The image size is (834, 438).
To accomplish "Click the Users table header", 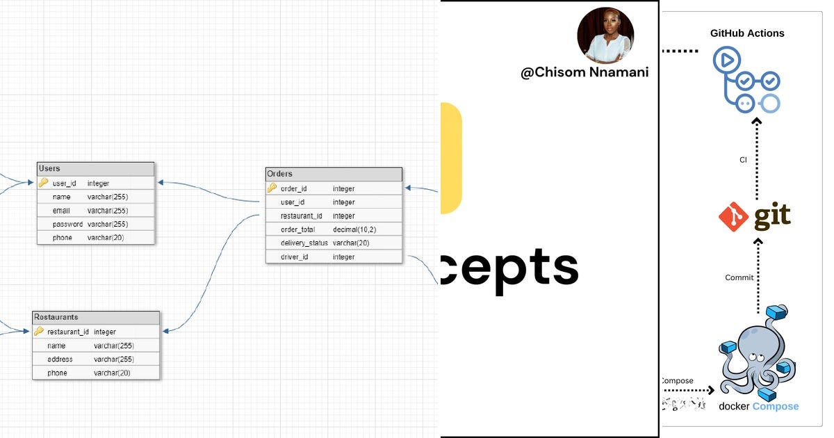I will click(x=95, y=169).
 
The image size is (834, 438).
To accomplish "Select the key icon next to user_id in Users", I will click(x=43, y=183).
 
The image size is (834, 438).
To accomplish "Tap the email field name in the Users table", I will click(x=61, y=211).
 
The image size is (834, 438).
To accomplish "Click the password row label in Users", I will click(x=67, y=224).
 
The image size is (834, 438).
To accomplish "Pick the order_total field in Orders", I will click(x=297, y=229).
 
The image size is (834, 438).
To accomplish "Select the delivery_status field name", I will click(x=304, y=243).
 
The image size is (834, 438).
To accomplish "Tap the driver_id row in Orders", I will click(x=294, y=257).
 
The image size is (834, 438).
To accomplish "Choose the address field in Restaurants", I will click(x=60, y=359).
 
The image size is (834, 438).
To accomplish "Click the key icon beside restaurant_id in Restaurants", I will click(x=39, y=332).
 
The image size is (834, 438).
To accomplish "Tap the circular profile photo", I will click(x=605, y=35).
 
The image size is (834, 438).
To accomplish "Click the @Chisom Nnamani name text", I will click(x=584, y=72).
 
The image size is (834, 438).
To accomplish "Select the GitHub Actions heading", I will click(x=747, y=33).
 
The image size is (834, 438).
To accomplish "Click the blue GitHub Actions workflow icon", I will click(x=746, y=80).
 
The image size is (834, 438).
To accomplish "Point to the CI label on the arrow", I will click(x=743, y=160).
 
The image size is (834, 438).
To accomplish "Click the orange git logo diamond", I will click(x=733, y=218).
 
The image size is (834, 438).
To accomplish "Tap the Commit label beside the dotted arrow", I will click(x=739, y=277).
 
